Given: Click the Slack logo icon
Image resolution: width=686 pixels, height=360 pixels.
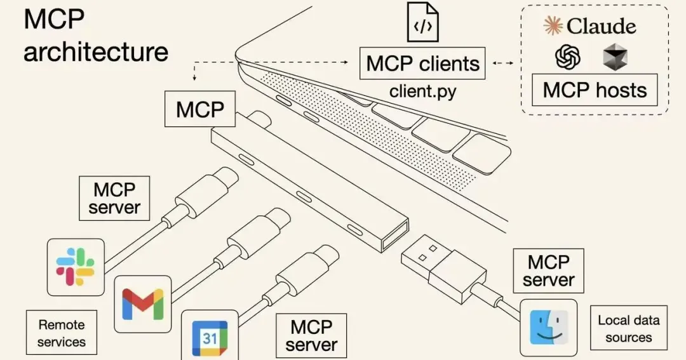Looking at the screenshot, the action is click(x=75, y=267).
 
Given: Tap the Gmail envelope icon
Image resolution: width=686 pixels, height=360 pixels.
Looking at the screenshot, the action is click(x=143, y=303).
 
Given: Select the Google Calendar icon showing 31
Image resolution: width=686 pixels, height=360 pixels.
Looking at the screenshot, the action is click(x=210, y=338).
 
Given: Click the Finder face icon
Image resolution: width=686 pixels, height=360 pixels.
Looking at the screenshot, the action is click(x=549, y=327).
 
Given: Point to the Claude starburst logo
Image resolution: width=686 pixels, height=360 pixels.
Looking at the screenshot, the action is click(x=553, y=26).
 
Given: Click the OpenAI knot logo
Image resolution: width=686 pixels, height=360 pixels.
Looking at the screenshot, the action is click(x=567, y=57).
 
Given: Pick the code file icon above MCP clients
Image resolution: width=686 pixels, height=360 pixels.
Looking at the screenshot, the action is click(x=422, y=22).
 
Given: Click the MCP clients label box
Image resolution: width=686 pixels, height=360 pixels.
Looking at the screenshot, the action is click(x=422, y=63).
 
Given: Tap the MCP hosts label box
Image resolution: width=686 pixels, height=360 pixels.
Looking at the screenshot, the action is click(x=595, y=90).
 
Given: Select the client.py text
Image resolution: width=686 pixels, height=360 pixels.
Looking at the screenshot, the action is click(x=422, y=91).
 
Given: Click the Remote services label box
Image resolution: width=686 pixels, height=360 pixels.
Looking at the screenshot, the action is click(x=61, y=333).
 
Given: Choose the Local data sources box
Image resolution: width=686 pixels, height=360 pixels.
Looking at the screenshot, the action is click(x=629, y=328).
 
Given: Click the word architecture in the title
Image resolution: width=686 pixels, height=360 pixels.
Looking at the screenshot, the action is click(x=96, y=52).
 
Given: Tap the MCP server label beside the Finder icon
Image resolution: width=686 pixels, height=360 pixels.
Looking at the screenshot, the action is click(x=548, y=270).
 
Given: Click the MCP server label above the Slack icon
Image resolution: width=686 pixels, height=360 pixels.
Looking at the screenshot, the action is click(x=114, y=198).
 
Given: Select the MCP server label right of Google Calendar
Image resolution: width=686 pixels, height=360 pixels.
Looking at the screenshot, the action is click(x=311, y=335).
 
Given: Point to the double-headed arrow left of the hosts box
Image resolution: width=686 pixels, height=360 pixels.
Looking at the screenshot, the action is click(x=502, y=63).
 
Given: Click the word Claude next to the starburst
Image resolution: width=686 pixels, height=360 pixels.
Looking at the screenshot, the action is click(x=601, y=26).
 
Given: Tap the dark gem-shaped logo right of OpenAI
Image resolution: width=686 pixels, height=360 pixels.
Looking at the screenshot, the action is click(x=615, y=57).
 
